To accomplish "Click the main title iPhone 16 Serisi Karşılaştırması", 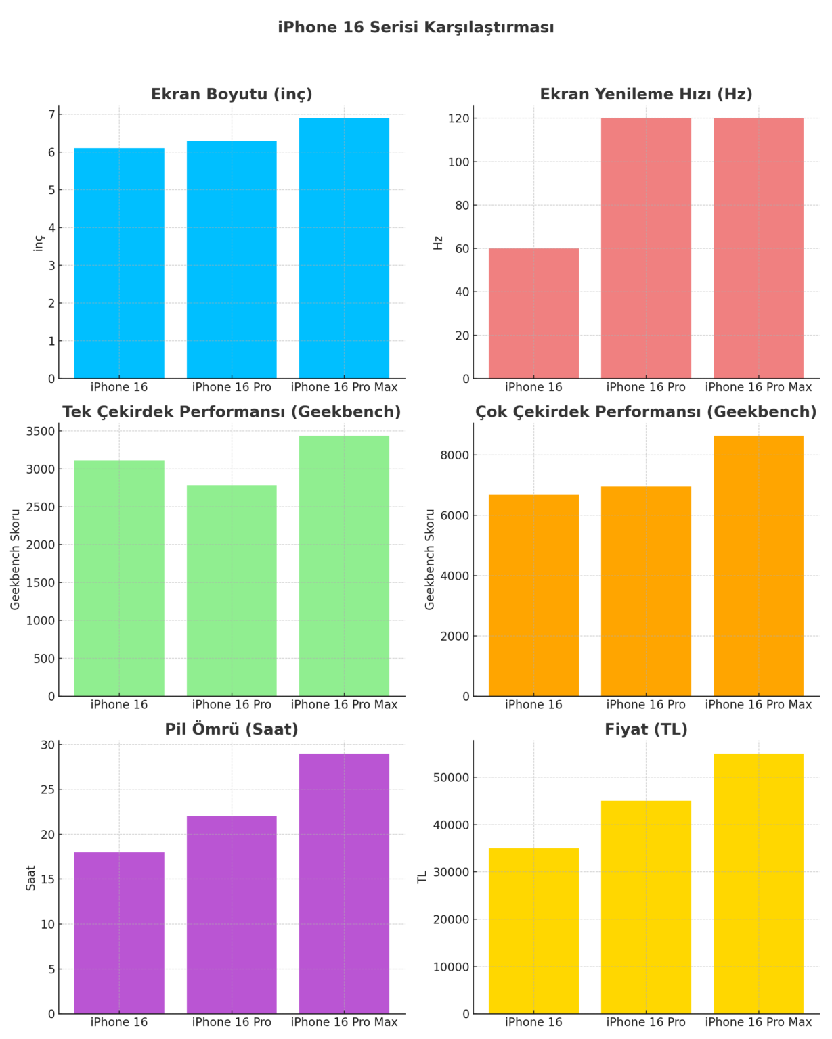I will point(416,28).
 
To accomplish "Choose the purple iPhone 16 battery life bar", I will point(119,933).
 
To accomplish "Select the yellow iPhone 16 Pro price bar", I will point(646,907).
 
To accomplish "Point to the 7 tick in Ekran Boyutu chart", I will point(51,115).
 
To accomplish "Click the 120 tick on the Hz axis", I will point(458,118).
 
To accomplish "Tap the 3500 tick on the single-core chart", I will point(40,432).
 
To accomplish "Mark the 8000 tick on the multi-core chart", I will point(455,455).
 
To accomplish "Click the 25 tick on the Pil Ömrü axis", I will point(47,789).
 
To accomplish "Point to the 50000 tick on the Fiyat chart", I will point(451,777).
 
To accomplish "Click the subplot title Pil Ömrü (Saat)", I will point(232,729).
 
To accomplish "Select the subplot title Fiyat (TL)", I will point(646,729).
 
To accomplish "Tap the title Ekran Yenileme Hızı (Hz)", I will point(646,94).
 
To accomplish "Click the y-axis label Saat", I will point(30,877).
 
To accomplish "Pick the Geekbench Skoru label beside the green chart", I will point(15,559).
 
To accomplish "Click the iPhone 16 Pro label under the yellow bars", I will point(646,1022).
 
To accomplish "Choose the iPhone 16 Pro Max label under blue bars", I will point(344,387).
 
